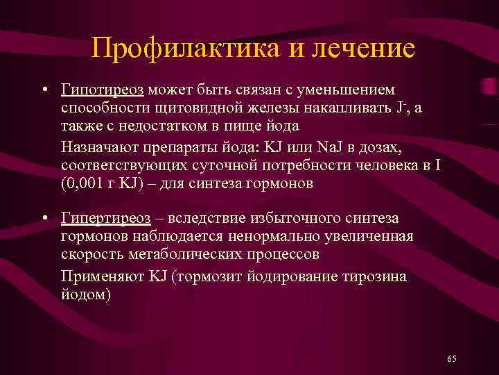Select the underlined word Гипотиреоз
tap(103, 90)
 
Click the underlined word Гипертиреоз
tap(105, 219)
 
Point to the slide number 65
tap(452, 358)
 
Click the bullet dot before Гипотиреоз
tap(44, 90)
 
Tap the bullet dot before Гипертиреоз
tap(44, 219)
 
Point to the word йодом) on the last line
tap(85, 294)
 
